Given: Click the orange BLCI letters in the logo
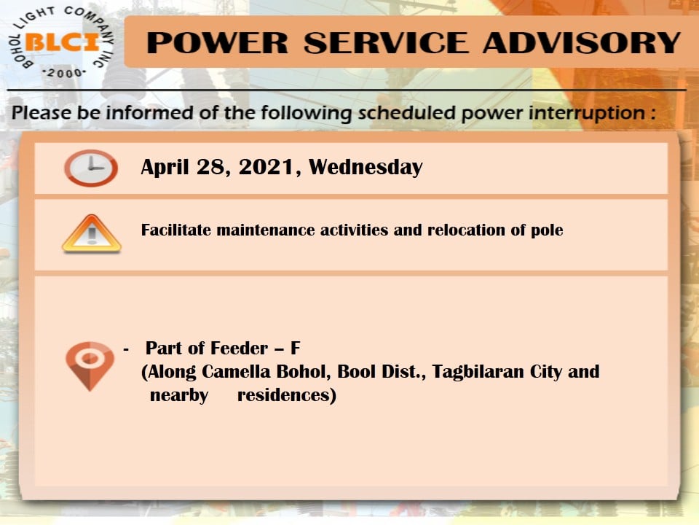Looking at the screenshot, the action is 63,42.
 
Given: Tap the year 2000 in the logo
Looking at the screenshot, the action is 64,73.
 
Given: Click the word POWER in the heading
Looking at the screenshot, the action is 218,43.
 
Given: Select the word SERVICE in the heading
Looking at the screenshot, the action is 386,43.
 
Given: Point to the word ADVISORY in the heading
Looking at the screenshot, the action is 581,43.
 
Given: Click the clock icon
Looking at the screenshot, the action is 91,168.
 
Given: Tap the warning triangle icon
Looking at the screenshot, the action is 92,233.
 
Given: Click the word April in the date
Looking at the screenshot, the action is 165,168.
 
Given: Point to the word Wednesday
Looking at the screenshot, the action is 366,168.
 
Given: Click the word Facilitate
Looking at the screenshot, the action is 176,230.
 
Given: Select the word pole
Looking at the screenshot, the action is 547,230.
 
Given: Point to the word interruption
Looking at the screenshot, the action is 587,113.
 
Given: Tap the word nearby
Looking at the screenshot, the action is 179,395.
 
